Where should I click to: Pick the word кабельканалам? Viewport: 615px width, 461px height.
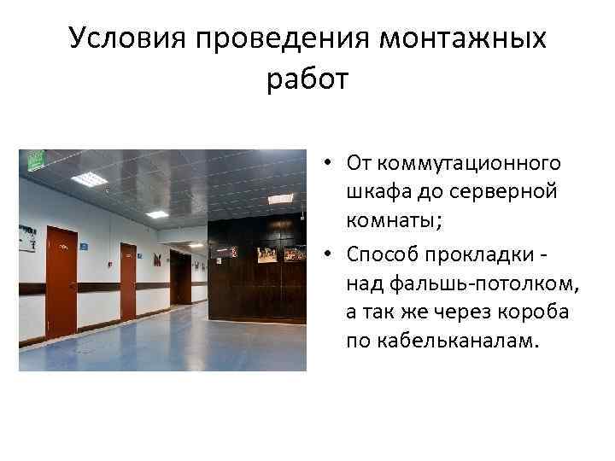tap(442, 341)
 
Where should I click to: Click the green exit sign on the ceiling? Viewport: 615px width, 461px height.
tap(36, 160)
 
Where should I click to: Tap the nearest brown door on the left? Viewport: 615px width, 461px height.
tap(61, 282)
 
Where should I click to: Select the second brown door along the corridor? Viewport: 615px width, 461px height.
tap(128, 281)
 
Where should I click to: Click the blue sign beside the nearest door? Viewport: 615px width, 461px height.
tap(84, 246)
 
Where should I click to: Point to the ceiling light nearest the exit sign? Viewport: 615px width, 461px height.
tap(88, 178)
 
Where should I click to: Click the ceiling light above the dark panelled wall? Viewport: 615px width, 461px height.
tap(280, 198)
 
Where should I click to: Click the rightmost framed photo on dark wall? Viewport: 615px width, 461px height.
tap(295, 254)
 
